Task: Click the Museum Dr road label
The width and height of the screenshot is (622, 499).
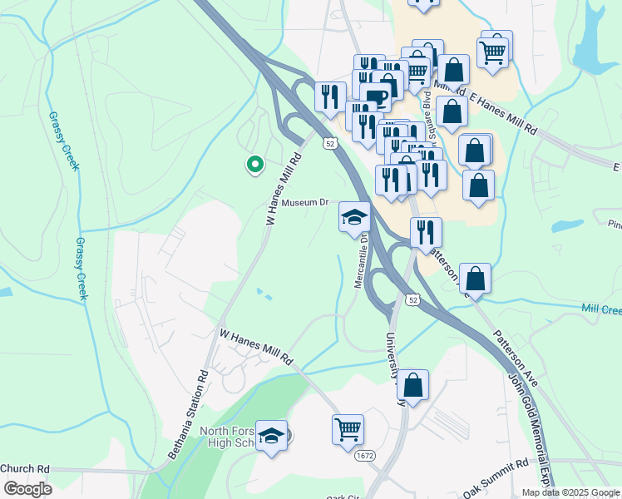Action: coord(305,203)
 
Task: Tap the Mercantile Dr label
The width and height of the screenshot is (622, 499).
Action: coord(360,260)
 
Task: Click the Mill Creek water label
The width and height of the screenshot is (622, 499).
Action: coord(600,309)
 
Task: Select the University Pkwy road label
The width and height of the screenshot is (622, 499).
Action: coord(392,366)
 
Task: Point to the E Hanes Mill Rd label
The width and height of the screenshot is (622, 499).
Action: coord(502,115)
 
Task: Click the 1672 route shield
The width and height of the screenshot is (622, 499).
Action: coord(363,457)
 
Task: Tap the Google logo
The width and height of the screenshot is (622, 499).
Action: coord(27,489)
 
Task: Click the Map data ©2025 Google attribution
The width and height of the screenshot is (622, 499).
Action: coord(570,492)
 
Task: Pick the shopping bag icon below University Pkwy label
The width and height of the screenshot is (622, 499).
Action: coord(412,385)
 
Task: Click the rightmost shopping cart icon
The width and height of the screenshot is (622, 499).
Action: coord(494,51)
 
